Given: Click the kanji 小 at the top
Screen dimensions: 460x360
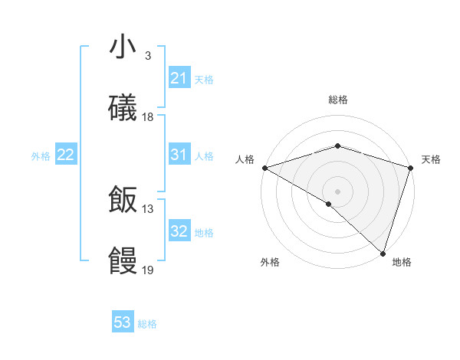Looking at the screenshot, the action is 123,47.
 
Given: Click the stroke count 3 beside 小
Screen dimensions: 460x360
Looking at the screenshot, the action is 148,56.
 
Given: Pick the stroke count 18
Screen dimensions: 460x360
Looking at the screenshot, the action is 148,117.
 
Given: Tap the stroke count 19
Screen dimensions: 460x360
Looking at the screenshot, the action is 148,270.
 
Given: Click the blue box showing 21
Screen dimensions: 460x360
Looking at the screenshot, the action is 179,78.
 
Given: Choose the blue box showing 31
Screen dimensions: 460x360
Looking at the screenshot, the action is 179,155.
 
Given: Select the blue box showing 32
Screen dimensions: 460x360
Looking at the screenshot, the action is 179,231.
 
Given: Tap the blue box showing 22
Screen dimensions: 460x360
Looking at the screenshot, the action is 65,155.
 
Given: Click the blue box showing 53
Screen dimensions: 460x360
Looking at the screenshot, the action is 123,322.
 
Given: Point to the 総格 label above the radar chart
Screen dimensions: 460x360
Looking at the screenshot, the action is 338,100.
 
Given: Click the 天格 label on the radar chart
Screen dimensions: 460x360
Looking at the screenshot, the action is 431,159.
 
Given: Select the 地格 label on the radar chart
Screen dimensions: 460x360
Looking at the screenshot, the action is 402,262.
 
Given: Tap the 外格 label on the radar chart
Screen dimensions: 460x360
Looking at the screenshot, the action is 270,262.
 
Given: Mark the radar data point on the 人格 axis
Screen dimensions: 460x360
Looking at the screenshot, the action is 264,168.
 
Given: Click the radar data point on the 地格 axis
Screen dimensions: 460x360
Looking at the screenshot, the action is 383,254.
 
